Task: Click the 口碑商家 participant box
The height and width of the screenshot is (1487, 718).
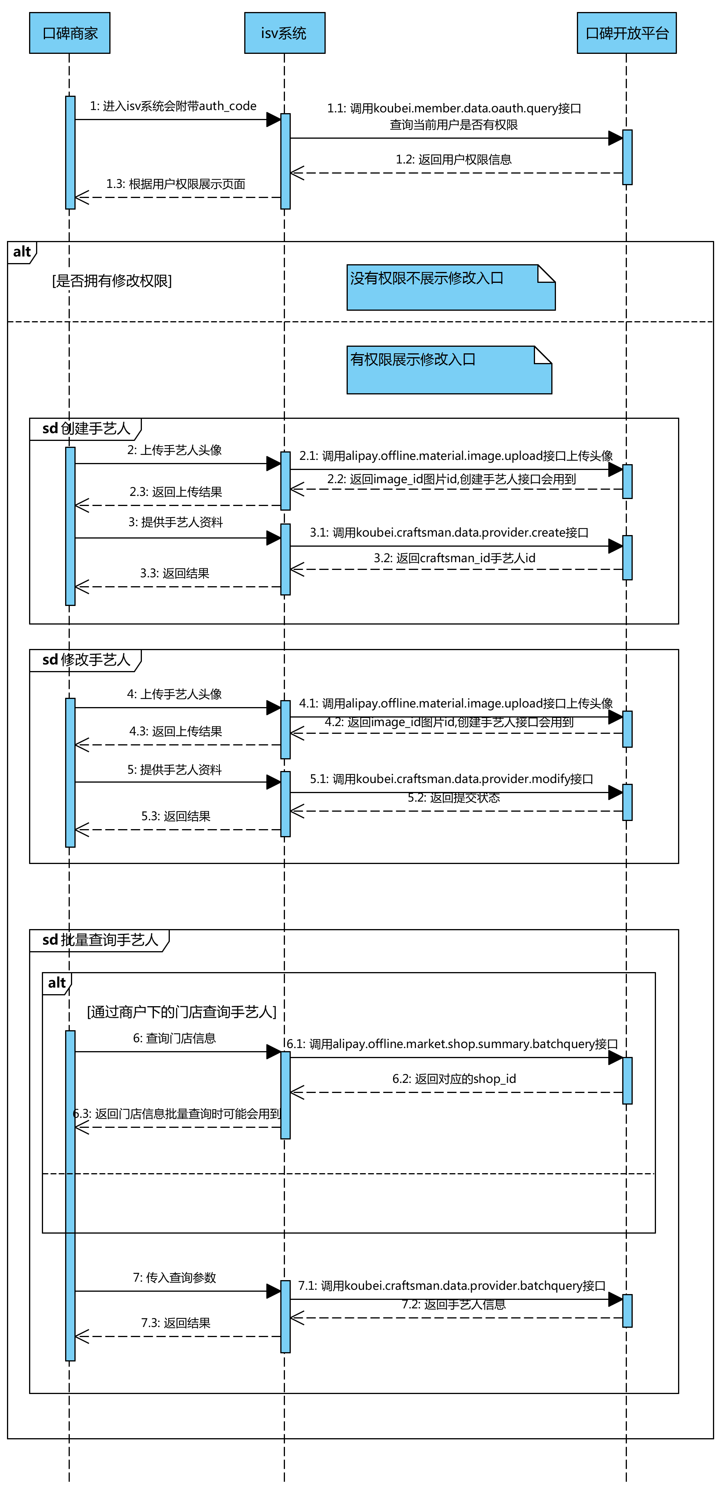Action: pos(69,33)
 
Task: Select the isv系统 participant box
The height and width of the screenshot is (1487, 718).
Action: pos(284,33)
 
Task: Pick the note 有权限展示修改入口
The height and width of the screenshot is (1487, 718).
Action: pos(449,370)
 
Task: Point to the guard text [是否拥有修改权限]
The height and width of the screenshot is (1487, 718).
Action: pos(112,281)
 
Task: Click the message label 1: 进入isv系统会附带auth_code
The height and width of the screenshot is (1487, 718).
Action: pos(173,106)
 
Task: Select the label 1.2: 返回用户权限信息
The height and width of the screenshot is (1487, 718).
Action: pos(454,159)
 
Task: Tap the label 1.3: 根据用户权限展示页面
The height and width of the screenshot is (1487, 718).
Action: pos(176,184)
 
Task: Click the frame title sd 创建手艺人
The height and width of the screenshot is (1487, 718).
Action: pos(86,429)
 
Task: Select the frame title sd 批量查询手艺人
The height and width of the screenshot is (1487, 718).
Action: pos(100,940)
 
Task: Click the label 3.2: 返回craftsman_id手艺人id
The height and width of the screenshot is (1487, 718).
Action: pos(454,558)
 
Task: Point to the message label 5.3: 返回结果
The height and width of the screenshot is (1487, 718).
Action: pos(176,816)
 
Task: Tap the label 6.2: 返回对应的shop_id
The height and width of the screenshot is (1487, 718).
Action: pos(454,1078)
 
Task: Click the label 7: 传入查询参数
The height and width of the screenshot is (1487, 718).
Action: pos(174,1277)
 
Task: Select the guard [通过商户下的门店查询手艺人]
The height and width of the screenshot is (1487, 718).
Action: pos(182,1012)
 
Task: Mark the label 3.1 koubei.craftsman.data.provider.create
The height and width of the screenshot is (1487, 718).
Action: pos(449,532)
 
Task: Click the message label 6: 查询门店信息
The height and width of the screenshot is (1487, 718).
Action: pos(174,1038)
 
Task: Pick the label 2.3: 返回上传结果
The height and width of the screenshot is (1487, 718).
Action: pos(176,491)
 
